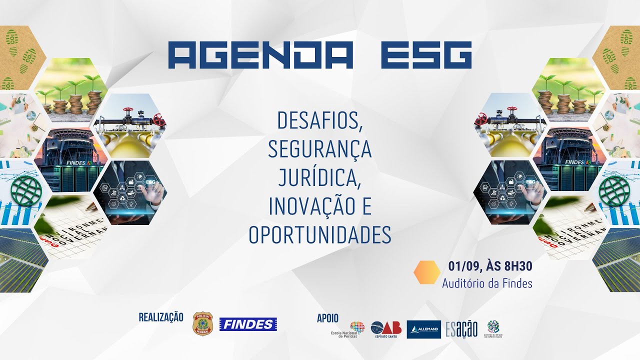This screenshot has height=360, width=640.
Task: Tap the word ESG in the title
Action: tap(426, 55)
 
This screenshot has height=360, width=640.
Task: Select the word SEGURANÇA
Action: tap(320, 149)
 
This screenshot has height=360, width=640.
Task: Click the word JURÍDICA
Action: tap(319, 177)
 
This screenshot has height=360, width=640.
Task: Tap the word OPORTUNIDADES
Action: tap(320, 235)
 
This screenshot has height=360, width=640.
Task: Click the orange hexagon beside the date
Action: tap(427, 272)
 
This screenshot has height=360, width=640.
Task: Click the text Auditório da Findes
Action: tap(487, 283)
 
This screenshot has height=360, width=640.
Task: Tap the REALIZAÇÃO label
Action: tap(161, 317)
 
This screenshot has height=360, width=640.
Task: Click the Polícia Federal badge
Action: tap(202, 323)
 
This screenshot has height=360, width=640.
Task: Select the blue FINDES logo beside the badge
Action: tap(248, 324)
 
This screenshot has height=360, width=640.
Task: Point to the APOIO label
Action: tap(327, 318)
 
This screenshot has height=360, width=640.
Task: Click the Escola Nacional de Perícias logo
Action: tap(350, 330)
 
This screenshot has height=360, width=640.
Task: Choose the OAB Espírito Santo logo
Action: tap(386, 329)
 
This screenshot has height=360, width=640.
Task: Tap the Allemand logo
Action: tap(423, 329)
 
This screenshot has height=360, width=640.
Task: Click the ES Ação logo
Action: tap(461, 329)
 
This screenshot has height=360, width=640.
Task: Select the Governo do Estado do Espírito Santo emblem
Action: tap(493, 329)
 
